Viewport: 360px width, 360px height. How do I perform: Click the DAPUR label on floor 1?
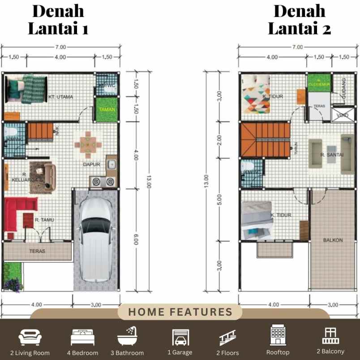[91, 164]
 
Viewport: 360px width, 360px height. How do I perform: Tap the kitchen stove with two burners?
[103, 181]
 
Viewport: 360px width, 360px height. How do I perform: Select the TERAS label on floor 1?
[38, 251]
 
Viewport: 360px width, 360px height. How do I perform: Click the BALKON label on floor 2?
[333, 240]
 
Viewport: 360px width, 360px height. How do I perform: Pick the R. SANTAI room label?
[332, 155]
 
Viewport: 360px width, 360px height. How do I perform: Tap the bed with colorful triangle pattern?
[256, 94]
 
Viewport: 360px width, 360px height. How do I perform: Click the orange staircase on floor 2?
[265, 140]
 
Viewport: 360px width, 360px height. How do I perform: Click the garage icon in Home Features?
[180, 337]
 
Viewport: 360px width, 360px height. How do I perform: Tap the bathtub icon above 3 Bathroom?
[127, 336]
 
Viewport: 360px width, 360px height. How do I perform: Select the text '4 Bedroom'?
[82, 353]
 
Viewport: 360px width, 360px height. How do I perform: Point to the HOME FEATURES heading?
[180, 312]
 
